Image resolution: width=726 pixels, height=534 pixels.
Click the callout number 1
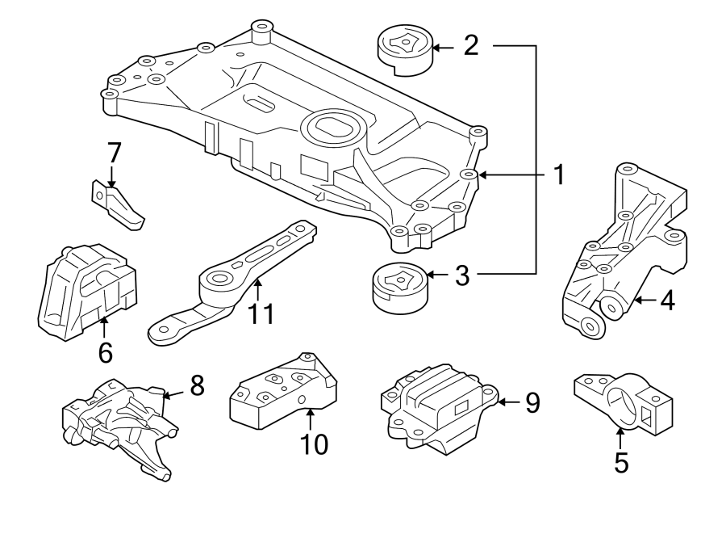click(557, 174)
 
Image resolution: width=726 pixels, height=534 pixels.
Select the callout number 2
click(472, 45)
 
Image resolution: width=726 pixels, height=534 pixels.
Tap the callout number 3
click(461, 275)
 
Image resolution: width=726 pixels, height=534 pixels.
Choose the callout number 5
click(620, 461)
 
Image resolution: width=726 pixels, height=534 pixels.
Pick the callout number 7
click(114, 153)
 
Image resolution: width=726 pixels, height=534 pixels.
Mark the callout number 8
click(196, 386)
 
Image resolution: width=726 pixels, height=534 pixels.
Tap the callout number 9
click(532, 402)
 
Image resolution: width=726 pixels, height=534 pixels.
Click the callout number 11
click(260, 313)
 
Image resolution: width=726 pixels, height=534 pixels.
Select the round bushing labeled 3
click(398, 287)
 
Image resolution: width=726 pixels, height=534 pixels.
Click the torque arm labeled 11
click(234, 283)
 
